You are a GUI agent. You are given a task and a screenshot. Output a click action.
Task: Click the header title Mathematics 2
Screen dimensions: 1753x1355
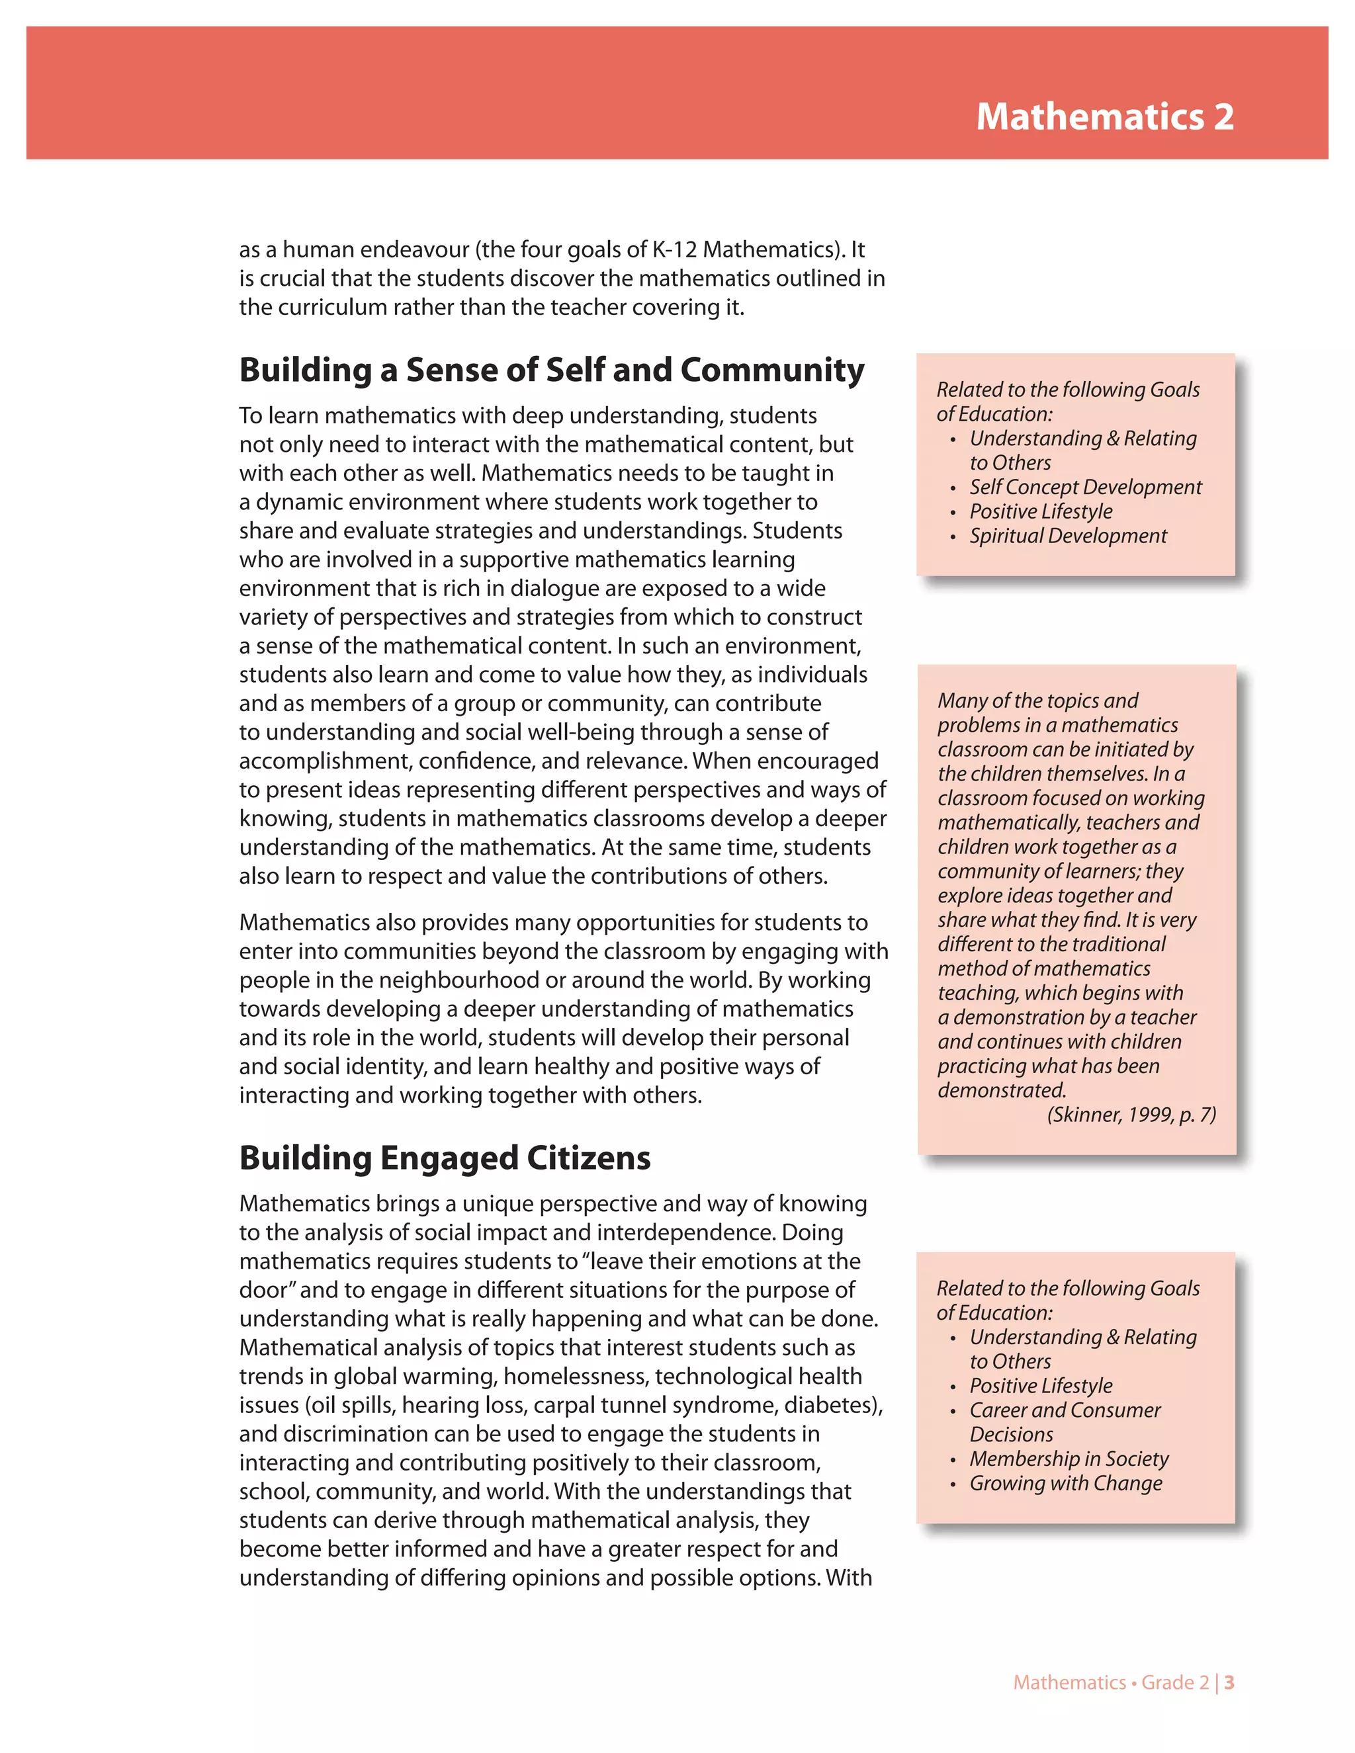[1104, 117]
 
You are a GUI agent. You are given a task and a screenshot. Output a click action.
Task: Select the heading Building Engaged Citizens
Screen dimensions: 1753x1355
[445, 1158]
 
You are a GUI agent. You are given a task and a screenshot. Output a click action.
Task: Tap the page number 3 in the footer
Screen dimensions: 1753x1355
[1229, 1682]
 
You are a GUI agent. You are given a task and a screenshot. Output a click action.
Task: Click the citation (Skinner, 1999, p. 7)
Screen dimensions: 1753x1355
[1131, 1115]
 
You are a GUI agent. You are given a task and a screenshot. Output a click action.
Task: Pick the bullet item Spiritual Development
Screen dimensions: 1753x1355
[1068, 536]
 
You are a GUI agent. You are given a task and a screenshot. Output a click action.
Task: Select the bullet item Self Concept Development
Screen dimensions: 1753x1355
[1085, 488]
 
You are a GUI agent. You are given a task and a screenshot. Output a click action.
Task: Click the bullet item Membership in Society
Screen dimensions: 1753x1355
[1069, 1459]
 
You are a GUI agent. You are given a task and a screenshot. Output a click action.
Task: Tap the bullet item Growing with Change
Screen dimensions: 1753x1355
[1065, 1483]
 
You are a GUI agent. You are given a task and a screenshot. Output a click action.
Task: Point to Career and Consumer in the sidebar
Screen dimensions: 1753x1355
[1065, 1410]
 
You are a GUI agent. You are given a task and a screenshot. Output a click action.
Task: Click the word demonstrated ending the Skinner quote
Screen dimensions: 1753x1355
[1001, 1091]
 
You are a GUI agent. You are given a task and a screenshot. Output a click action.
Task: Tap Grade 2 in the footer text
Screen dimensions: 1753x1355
[1174, 1682]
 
